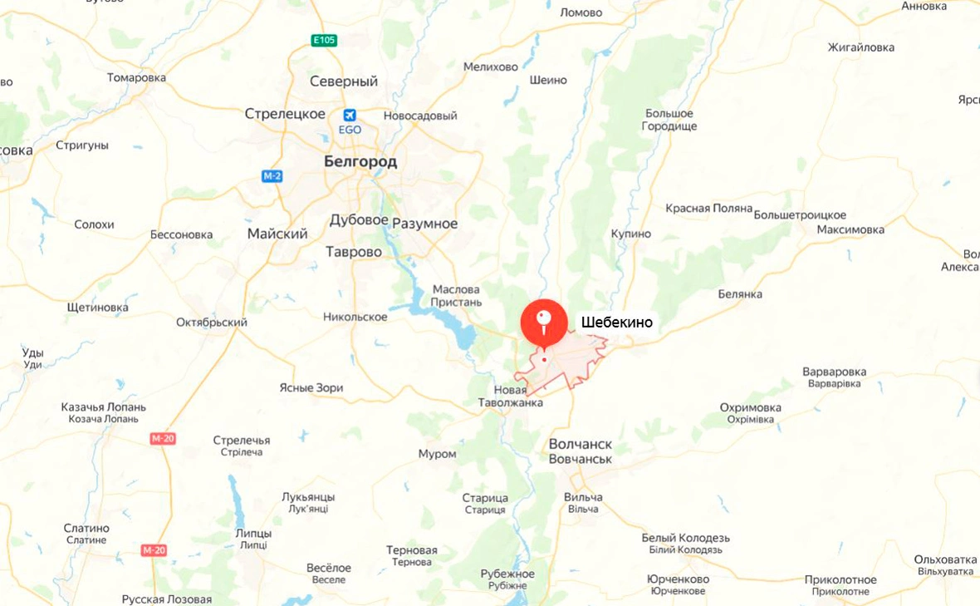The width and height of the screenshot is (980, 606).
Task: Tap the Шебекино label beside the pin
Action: click(616, 323)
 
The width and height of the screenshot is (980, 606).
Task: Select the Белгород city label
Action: click(360, 161)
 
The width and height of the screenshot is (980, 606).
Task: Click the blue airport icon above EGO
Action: click(350, 115)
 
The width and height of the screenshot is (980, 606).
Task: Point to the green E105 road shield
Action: click(324, 40)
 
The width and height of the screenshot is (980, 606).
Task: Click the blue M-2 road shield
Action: click(272, 176)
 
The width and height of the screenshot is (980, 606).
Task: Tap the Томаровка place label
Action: click(136, 77)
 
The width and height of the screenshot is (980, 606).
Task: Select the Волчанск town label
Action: click(580, 444)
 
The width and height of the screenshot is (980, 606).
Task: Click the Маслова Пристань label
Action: click(457, 295)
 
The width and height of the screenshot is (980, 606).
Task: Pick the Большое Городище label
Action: click(669, 120)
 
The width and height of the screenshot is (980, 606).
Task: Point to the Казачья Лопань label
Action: click(104, 407)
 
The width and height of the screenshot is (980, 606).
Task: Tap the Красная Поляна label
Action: click(709, 208)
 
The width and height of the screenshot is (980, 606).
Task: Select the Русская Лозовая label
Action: click(167, 599)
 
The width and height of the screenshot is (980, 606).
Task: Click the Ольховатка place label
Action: click(945, 559)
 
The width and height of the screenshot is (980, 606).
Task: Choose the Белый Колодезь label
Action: click(686, 538)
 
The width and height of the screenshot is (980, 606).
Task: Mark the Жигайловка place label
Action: click(860, 47)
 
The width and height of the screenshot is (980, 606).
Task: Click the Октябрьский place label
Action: click(212, 323)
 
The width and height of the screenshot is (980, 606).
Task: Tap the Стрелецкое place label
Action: click(285, 113)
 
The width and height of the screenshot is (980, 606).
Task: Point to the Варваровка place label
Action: click(834, 372)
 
